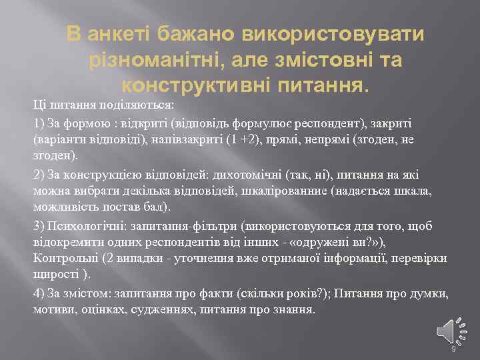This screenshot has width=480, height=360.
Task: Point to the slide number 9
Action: [x=453, y=349]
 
